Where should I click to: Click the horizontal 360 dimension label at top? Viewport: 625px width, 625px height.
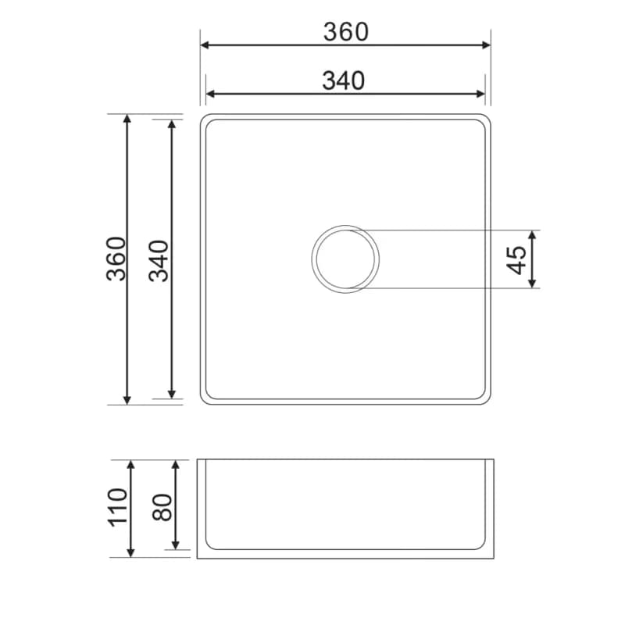(346, 32)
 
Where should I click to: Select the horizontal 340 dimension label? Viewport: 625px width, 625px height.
(344, 80)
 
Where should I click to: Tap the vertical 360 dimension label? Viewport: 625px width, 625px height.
(116, 259)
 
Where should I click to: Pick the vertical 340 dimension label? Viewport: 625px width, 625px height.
(159, 261)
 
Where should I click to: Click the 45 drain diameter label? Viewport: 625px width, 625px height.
(516, 260)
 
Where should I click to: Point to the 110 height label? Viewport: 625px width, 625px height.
(119, 507)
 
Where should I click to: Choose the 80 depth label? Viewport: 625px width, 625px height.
(162, 507)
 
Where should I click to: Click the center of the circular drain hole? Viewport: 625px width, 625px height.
(345, 259)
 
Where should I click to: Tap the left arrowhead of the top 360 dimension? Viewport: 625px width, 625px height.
(205, 45)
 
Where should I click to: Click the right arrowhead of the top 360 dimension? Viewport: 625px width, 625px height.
(486, 45)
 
